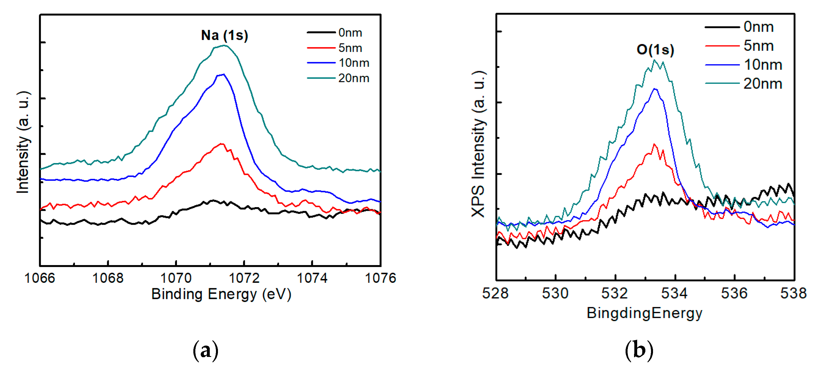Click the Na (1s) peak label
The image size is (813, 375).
click(x=224, y=35)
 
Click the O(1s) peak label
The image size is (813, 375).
click(x=655, y=49)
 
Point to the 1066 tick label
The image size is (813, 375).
click(x=40, y=278)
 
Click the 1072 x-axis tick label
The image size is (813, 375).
click(x=244, y=278)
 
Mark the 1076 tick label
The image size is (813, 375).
click(x=380, y=278)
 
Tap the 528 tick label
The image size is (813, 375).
click(x=495, y=293)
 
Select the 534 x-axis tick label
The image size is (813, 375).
click(x=674, y=293)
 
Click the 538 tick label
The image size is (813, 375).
click(x=793, y=293)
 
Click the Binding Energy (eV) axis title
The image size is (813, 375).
click(x=221, y=294)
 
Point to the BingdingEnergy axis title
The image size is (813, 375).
click(x=645, y=313)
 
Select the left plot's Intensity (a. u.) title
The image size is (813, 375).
click(x=23, y=142)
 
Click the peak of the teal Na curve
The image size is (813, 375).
click(x=224, y=45)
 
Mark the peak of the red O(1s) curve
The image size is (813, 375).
click(x=654, y=144)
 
